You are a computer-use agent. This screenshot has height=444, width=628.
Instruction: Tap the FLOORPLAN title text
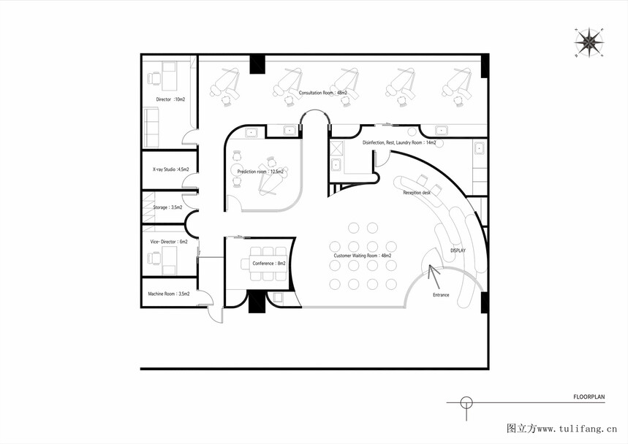[589, 397]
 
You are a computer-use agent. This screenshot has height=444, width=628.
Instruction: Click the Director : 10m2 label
[170, 99]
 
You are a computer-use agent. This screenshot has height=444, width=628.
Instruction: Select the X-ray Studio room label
[170, 169]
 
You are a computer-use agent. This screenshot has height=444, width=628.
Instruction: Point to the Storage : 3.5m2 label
[167, 207]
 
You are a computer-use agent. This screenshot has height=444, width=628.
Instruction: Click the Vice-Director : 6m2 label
[169, 242]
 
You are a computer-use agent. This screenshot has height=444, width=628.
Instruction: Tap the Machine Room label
[169, 294]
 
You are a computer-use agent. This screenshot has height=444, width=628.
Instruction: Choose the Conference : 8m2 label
[269, 264]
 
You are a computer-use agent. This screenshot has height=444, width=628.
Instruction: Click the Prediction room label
[260, 172]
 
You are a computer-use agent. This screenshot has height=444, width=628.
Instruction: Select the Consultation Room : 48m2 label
[323, 93]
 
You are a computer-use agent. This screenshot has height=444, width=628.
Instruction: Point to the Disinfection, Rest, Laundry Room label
[399, 142]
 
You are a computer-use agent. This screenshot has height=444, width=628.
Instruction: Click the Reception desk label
[417, 193]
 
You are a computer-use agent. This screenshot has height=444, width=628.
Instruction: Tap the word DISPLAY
[458, 250]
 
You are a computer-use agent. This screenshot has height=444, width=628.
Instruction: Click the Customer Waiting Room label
[363, 256]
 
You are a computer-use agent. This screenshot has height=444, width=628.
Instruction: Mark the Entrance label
[441, 295]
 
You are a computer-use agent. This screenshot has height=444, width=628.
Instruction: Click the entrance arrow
[434, 277]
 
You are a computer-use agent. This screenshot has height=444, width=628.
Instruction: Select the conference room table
[269, 264]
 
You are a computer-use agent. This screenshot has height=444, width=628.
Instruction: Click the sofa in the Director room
[151, 128]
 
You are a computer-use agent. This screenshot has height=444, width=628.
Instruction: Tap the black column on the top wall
[257, 64]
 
